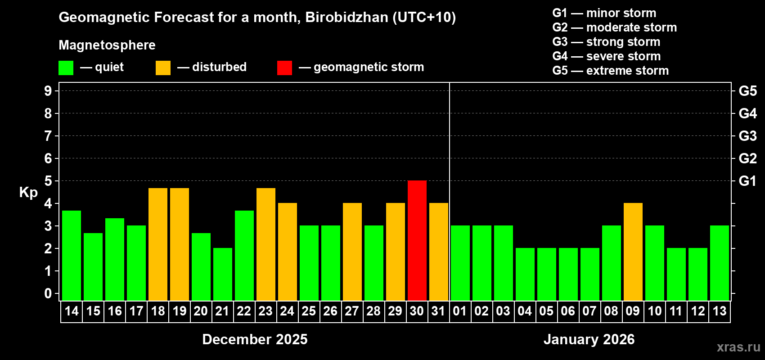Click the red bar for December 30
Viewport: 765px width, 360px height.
click(x=417, y=240)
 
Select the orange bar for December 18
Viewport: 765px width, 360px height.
click(x=158, y=244)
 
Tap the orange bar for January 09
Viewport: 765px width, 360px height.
click(x=633, y=252)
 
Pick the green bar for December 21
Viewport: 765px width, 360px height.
click(x=223, y=274)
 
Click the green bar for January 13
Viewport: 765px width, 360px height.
click(x=720, y=263)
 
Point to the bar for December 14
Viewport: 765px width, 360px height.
click(x=72, y=255)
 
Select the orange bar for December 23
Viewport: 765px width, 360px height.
click(x=266, y=244)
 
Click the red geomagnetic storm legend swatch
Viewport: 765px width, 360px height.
click(x=284, y=68)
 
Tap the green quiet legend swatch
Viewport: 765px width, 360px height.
click(x=66, y=68)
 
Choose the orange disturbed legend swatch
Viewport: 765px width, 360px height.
click(x=163, y=68)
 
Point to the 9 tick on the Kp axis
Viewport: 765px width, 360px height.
click(x=48, y=91)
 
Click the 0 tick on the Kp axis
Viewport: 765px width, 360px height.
click(x=48, y=293)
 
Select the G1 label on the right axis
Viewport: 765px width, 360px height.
click(x=747, y=181)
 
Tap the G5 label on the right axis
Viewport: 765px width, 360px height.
click(x=747, y=91)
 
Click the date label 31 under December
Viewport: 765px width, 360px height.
click(x=438, y=311)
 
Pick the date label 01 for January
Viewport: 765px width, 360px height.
click(x=460, y=311)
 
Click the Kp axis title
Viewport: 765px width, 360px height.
click(x=28, y=193)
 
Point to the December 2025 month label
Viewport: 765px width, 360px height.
click(x=255, y=339)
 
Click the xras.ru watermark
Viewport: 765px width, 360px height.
click(x=738, y=346)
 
